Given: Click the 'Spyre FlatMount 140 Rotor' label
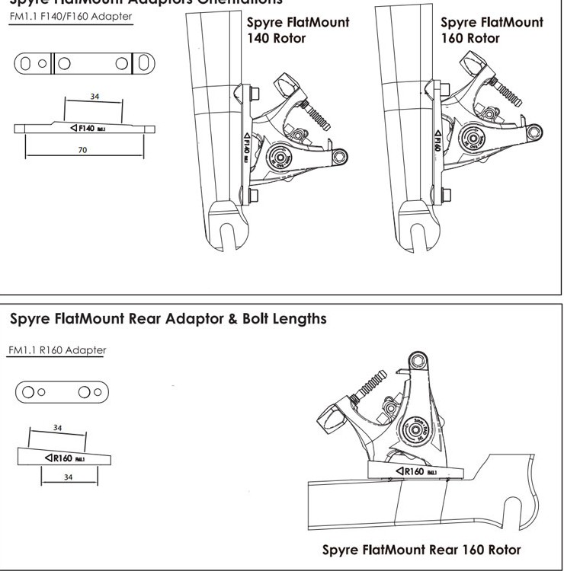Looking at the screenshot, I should pos(297,30).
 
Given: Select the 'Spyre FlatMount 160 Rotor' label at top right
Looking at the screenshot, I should pos(492,30).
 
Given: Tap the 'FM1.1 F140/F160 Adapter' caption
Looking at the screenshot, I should pos(70,17).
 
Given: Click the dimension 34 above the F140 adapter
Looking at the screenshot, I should pos(94,97).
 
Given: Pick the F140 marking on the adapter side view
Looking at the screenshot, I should pos(84,128).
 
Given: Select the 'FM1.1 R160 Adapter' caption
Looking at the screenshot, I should pos(58,350).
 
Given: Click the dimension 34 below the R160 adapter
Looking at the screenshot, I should pos(69,477).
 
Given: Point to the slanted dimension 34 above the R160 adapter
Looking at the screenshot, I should pos(57,428).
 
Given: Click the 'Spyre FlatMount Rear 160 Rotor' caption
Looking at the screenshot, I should pos(421,549).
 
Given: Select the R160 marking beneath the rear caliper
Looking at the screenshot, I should pos(415,471).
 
